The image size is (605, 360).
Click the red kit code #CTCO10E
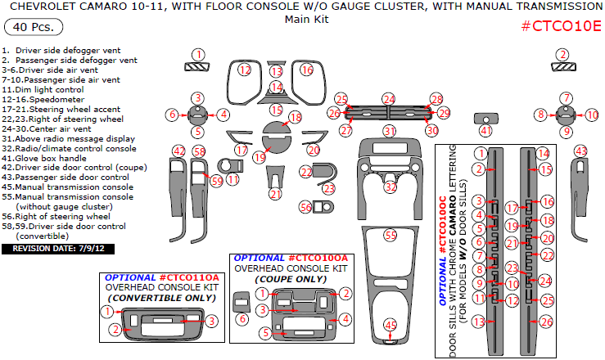[561, 25]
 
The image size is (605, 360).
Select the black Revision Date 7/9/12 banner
[57, 248]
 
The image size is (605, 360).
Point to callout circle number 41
[486, 130]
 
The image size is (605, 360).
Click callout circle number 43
[581, 151]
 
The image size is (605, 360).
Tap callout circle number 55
[391, 235]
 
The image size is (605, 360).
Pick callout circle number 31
[391, 130]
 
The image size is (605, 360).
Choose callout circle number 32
[391, 187]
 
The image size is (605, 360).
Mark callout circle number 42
[179, 150]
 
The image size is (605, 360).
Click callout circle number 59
[217, 180]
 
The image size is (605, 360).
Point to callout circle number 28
[436, 98]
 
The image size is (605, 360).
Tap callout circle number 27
[347, 130]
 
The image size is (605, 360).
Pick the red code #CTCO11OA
[188, 277]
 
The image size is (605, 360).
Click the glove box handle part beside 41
[485, 117]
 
